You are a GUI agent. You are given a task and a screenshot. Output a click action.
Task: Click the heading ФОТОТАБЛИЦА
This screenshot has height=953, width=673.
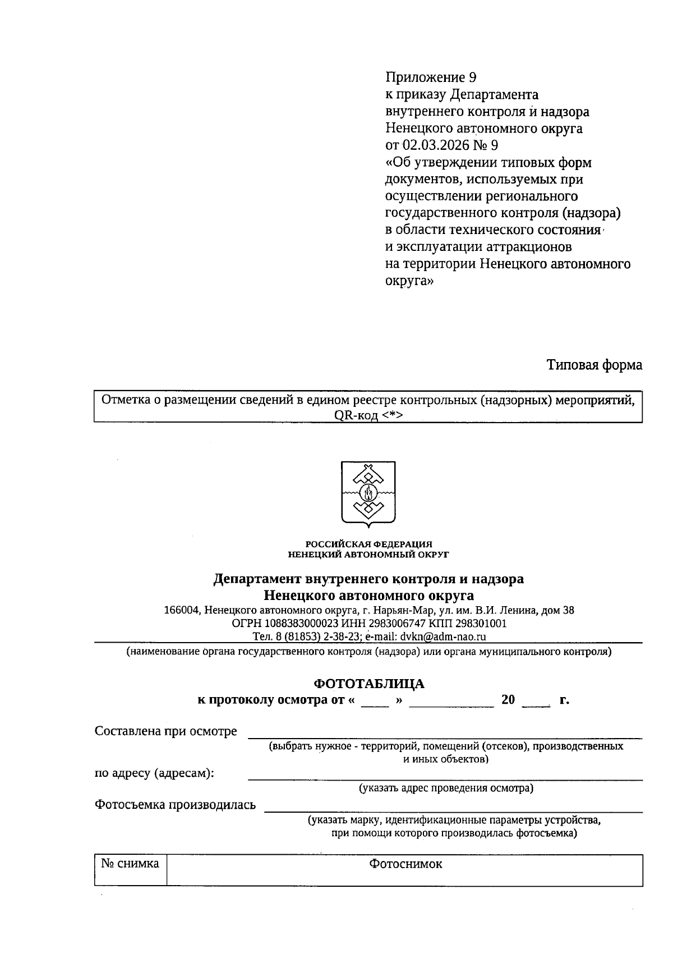pyautogui.click(x=368, y=683)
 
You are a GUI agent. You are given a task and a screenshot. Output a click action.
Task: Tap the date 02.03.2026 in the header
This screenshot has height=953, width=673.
pyautogui.click(x=436, y=145)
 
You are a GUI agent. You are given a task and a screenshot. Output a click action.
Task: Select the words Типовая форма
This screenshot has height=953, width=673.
pyautogui.click(x=594, y=365)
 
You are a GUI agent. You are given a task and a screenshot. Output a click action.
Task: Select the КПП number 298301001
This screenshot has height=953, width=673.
pyautogui.click(x=481, y=624)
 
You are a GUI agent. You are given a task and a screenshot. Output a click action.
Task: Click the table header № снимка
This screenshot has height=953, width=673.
pyautogui.click(x=130, y=863)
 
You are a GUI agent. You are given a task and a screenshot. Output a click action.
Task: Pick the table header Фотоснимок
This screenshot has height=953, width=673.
pyautogui.click(x=405, y=864)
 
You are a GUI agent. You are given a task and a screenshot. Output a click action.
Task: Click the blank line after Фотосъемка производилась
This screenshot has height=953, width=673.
pyautogui.click(x=453, y=808)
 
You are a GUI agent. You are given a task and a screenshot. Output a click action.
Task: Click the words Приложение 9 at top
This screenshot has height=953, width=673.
pyautogui.click(x=431, y=77)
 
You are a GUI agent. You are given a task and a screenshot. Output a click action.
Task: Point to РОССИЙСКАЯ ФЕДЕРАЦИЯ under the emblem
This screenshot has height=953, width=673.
pyautogui.click(x=368, y=544)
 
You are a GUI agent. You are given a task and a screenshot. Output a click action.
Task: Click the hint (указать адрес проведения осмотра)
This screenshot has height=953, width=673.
pyautogui.click(x=446, y=788)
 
